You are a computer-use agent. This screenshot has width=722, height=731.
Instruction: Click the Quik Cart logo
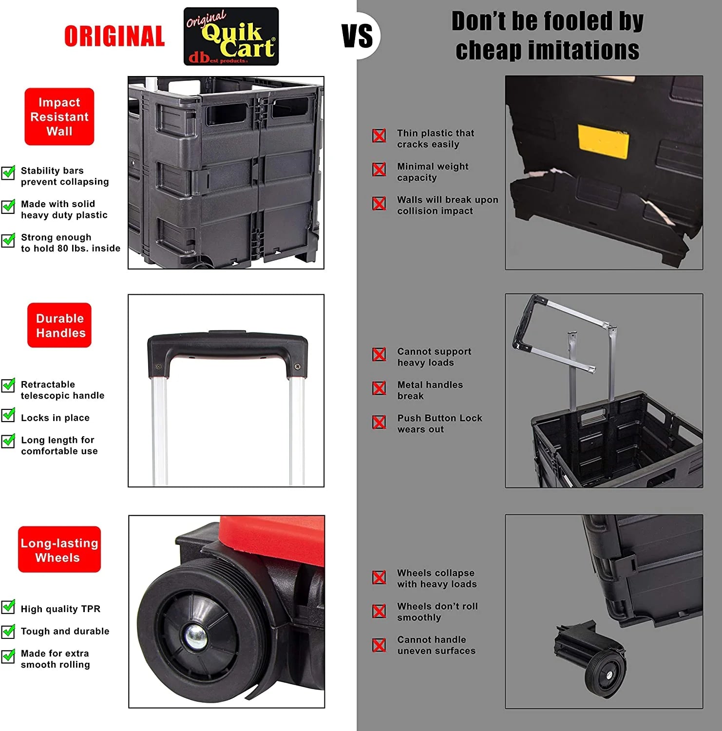[231, 37]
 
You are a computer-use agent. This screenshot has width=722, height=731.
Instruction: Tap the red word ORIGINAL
[114, 37]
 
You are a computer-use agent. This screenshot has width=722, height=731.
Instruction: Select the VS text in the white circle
[358, 36]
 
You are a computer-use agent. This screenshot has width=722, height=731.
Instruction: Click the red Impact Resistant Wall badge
[59, 116]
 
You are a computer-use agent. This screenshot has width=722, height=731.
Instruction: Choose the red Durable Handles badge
[59, 325]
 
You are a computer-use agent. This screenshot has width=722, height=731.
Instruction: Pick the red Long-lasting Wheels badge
[59, 550]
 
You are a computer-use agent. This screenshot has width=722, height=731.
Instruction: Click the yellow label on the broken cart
[603, 141]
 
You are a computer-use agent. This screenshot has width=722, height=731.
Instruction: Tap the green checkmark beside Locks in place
[8, 416]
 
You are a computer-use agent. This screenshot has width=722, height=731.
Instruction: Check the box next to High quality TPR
[8, 607]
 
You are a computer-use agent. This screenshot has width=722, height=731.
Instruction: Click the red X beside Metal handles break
[379, 388]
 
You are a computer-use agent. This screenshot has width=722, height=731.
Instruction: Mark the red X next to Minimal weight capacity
[379, 170]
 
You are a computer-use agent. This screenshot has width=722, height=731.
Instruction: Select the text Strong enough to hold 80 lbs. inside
[71, 243]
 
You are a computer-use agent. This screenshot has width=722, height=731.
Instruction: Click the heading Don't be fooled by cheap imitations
[548, 36]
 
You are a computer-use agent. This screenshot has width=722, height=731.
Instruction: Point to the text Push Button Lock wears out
[439, 423]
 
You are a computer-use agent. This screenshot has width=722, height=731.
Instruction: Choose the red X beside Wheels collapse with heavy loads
[379, 577]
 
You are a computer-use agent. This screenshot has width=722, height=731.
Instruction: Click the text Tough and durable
[65, 631]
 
